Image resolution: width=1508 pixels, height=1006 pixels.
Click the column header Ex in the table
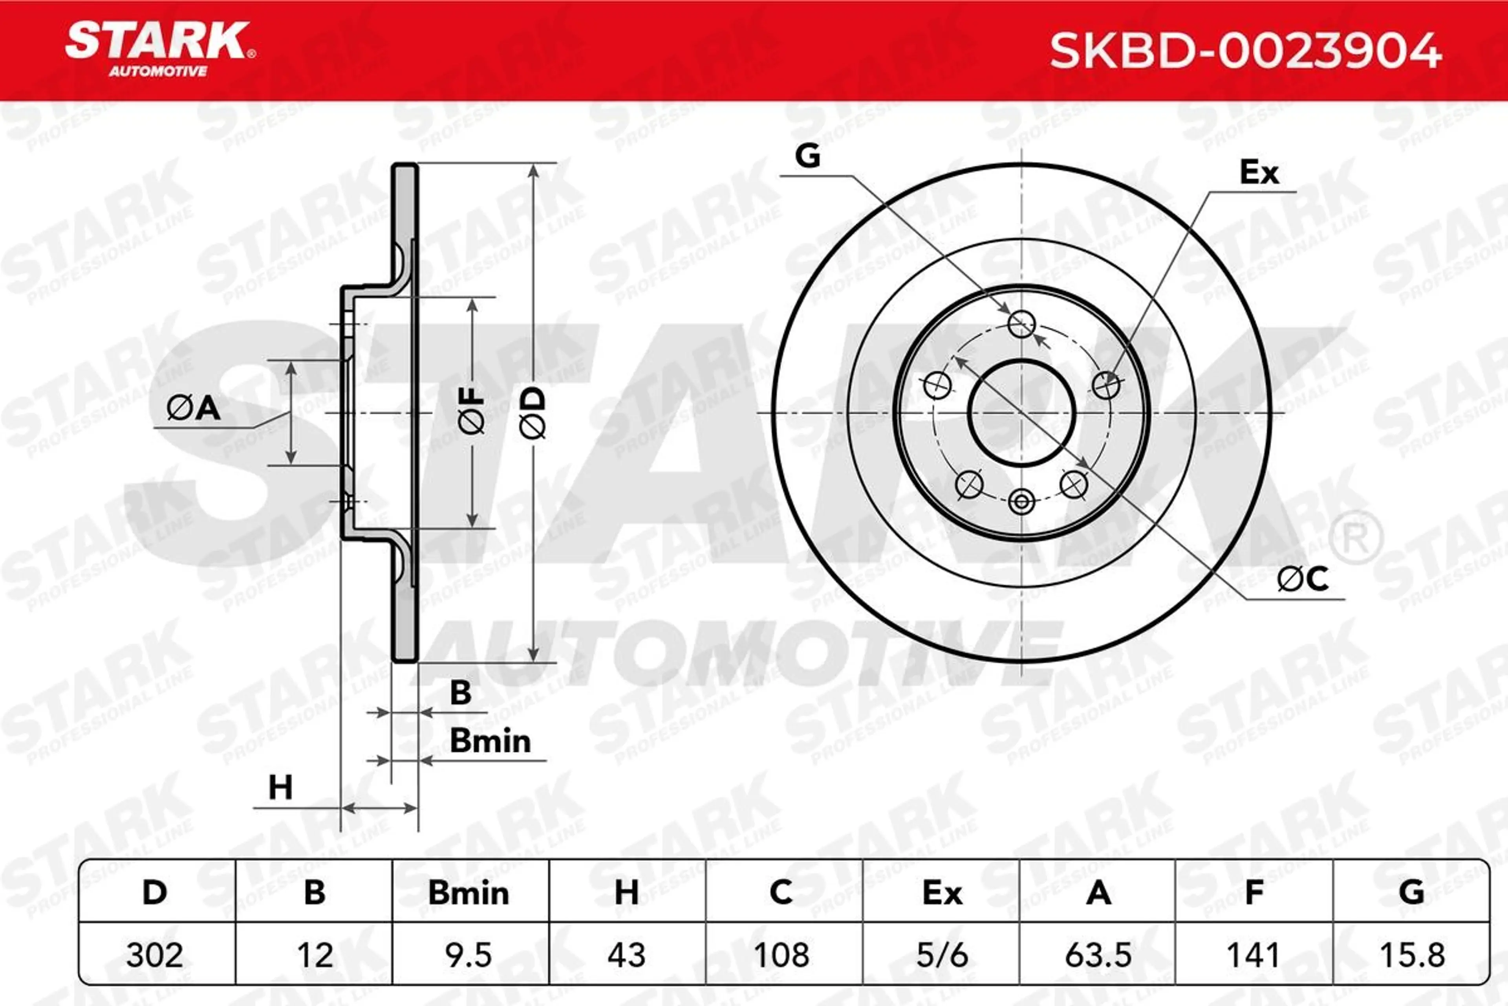point(942,892)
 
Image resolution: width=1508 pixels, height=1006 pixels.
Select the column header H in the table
point(626,892)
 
